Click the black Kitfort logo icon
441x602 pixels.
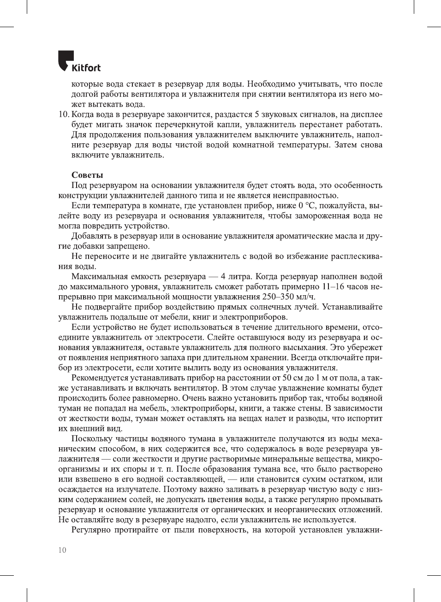click(x=66, y=60)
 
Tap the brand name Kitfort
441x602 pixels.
click(x=86, y=68)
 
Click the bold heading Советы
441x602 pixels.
click(x=87, y=175)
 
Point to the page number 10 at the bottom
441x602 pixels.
click(x=62, y=550)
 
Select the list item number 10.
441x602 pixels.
click(x=63, y=114)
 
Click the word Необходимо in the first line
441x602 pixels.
click(x=271, y=84)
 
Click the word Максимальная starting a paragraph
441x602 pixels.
click(x=100, y=276)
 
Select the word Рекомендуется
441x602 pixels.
click(x=101, y=378)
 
